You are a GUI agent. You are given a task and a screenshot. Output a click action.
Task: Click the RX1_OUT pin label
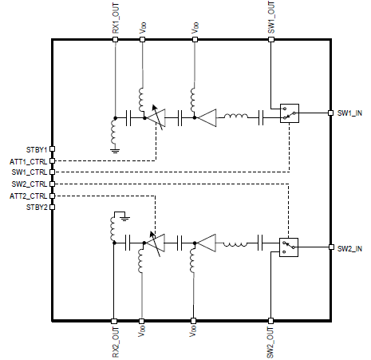tap(116, 18)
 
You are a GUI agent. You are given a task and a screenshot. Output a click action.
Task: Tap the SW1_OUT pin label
tap(271, 18)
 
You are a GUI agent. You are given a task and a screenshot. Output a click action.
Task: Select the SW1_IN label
tap(349, 113)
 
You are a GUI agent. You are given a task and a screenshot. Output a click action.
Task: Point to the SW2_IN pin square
tap(331, 247)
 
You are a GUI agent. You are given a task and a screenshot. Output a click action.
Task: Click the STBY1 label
tap(37, 149)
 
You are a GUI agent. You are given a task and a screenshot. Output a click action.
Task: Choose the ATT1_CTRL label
tap(29, 161)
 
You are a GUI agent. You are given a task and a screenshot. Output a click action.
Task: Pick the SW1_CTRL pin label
tap(30, 172)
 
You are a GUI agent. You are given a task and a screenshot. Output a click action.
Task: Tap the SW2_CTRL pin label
tap(30, 184)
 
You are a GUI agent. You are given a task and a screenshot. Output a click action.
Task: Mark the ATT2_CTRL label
tap(29, 196)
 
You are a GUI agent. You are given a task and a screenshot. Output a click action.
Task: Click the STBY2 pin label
tap(37, 207)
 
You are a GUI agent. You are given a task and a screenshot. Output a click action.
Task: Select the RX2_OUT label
tap(116, 342)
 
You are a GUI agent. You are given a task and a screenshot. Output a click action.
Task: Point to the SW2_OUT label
tap(270, 342)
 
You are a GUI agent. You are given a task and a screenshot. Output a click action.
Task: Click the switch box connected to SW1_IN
tap(290, 113)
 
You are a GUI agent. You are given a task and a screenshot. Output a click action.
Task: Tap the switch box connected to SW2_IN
tap(289, 247)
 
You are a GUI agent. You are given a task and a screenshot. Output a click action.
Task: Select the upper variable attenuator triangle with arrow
tap(156, 117)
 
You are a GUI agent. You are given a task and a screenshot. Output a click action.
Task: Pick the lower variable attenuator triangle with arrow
tap(156, 243)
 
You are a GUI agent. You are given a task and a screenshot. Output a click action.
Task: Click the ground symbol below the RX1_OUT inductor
tap(115, 151)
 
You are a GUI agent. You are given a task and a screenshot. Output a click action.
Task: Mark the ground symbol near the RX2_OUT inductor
tap(125, 219)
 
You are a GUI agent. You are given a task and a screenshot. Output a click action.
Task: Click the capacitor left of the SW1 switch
tap(261, 117)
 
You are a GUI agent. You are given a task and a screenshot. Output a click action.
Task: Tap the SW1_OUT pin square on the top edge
tap(271, 40)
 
